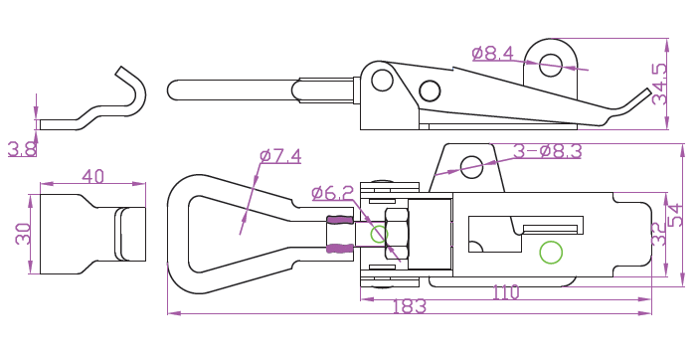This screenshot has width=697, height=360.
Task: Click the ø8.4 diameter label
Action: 492,54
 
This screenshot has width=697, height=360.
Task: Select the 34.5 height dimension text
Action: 659,84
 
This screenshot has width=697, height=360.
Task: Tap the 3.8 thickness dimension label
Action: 22,149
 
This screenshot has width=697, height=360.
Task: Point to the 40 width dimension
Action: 92,176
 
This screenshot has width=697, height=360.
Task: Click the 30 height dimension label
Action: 23,234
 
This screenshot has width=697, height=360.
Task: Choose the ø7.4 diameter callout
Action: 280,156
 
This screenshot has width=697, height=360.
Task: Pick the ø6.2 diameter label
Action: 332,193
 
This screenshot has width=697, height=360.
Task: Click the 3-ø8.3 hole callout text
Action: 548,151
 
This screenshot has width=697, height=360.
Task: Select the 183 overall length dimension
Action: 410,306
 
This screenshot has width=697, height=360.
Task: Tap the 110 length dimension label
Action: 506,292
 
